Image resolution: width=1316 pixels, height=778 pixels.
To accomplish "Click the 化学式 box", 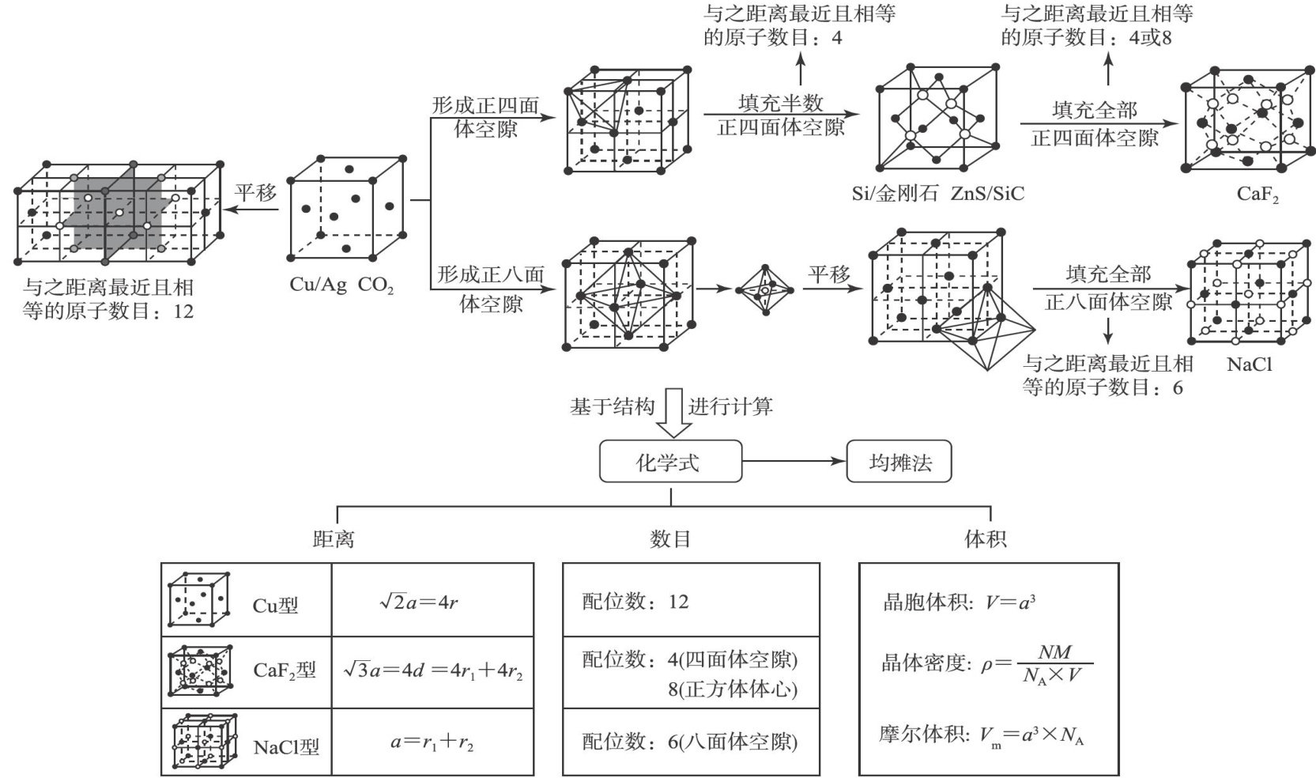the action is coord(670,461).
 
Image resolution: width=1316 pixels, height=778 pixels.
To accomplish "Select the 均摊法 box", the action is coord(899,461).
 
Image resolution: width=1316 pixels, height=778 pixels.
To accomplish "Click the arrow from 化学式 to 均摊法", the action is coord(794,461).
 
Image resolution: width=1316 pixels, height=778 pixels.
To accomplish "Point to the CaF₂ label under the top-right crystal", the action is coord(1258,194).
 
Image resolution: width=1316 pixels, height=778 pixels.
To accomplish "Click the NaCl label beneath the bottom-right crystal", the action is coord(1249,364).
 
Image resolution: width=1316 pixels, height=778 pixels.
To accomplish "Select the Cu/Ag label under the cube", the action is coord(318,285).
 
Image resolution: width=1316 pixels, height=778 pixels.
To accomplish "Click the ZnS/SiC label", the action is coord(987,194).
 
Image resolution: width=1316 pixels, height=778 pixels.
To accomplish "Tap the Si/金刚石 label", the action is coord(895,194).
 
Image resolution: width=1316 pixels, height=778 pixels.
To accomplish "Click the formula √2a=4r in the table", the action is coord(419,602).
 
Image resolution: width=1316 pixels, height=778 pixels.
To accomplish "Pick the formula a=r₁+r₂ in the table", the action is coord(432,742).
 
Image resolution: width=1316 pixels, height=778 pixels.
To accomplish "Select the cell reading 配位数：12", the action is coord(635,602).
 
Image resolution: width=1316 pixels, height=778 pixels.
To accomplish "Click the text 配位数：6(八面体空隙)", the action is coord(690,742).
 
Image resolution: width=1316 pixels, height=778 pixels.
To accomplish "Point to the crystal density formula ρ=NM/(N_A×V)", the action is coord(987,663).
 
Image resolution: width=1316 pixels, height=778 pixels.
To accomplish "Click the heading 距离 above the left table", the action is coord(333,539).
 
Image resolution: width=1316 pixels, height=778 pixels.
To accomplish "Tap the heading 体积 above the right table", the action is coord(986,539).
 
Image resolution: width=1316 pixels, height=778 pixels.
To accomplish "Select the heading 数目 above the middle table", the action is coord(670,539).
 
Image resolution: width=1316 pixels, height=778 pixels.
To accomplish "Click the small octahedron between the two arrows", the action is coord(764,290).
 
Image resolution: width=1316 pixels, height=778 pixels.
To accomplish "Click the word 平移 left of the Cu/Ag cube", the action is coord(255,192).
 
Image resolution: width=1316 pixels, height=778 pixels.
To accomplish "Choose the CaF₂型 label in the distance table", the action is coord(285,670).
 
